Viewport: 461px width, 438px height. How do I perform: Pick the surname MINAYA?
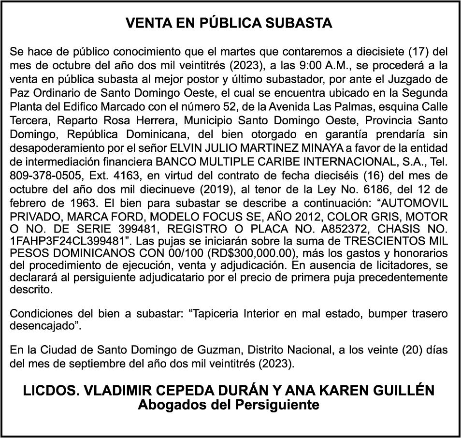(305, 147)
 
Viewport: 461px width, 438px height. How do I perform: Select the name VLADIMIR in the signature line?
(129, 390)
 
